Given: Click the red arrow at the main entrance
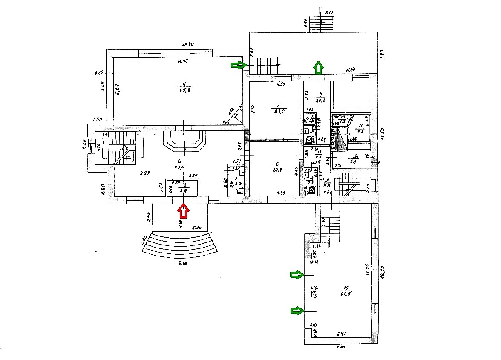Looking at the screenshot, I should [x=184, y=210].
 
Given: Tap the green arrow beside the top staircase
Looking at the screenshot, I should [x=239, y=65].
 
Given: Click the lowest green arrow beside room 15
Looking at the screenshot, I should [x=297, y=311].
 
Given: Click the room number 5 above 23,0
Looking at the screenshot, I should [x=279, y=104].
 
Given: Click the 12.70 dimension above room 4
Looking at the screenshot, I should [x=188, y=44].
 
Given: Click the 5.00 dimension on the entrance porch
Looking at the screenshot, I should [x=197, y=228].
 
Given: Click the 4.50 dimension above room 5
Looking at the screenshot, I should [x=280, y=84].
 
